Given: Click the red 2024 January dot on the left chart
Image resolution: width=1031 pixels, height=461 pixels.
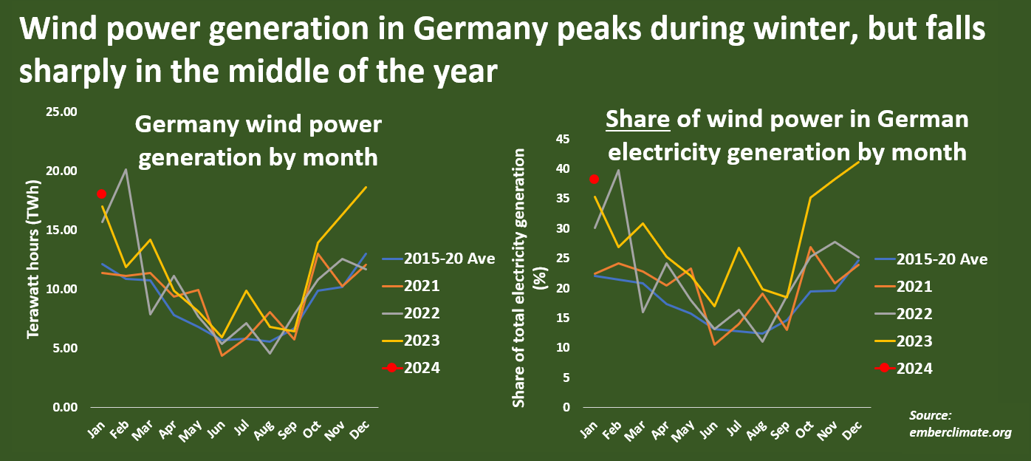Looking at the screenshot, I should (102, 194).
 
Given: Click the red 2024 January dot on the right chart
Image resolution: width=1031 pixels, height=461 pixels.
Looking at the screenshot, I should (594, 179).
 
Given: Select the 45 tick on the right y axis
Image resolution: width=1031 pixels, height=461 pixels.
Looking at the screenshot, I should (563, 139).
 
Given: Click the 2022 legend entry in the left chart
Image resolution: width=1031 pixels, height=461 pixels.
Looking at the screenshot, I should (422, 313).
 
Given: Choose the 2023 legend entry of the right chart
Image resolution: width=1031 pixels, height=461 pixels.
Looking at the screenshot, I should (914, 341).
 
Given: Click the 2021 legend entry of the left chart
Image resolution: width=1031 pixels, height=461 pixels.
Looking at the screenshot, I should (422, 286).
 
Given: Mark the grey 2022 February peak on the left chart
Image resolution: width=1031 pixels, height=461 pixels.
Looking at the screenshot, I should (126, 169).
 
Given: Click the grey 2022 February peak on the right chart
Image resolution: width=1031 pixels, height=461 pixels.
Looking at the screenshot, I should (617, 170).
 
